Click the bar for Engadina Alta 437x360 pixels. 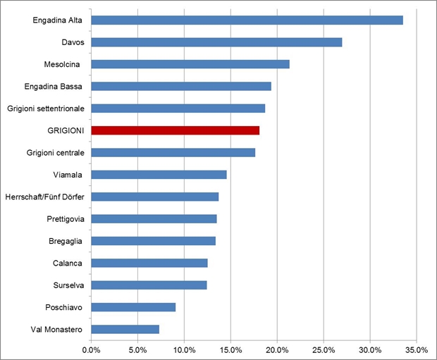point(247,20)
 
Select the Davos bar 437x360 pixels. point(216,42)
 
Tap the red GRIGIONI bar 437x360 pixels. point(176,130)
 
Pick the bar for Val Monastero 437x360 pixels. point(125,329)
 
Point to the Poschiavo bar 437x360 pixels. point(133,307)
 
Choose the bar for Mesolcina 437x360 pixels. point(190,64)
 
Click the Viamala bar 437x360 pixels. point(159,175)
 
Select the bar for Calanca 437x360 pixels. point(149,263)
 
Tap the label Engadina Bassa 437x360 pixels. point(54,87)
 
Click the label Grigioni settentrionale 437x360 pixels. point(46,108)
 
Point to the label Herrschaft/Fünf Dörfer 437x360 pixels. point(44,197)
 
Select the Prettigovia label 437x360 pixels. point(66,219)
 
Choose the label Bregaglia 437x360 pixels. point(66,242)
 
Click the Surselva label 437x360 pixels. point(68,285)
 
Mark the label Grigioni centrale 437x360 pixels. point(56,153)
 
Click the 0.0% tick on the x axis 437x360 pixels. point(91,350)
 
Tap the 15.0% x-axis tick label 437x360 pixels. point(230,350)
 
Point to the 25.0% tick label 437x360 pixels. point(324,350)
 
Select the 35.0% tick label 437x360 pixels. point(417,350)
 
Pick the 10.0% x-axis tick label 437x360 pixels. point(184,350)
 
